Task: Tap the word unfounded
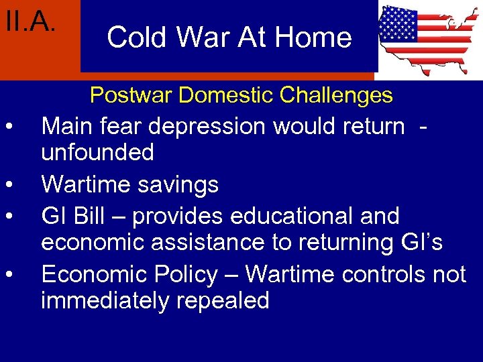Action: click(97, 152)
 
